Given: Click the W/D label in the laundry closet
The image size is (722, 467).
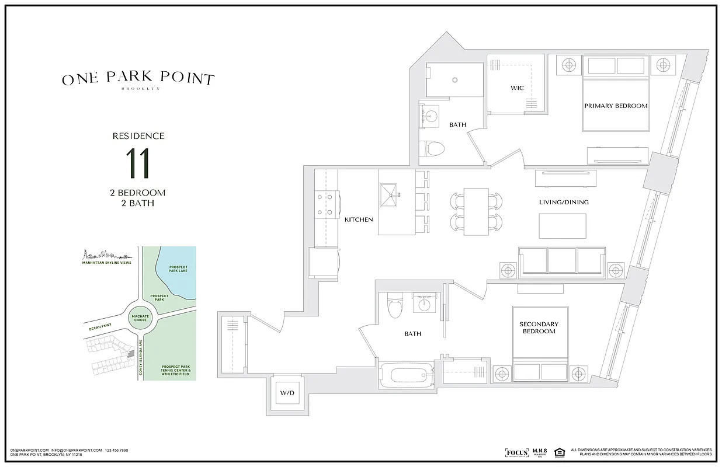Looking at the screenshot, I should coord(286,393).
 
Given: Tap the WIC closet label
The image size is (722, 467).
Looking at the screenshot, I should coord(517,88).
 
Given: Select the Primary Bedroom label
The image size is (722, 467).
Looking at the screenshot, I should coord(616,106).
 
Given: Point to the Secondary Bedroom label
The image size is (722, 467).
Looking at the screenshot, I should coord(539,327).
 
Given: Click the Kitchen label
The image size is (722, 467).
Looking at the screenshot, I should coord(358,219).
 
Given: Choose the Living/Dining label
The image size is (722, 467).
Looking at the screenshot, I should coord(563,202).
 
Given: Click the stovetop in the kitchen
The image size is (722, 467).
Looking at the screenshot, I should coord(328,205).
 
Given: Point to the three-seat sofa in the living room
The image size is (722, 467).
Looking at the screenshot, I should coord(562,262).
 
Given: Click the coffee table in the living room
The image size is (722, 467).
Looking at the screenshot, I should coord(562,226).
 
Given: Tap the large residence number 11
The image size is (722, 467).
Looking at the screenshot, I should coord(138,163).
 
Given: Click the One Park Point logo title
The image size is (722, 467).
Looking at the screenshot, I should coord(138,79).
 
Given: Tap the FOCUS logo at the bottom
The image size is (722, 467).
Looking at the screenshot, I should coord(516,452).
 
